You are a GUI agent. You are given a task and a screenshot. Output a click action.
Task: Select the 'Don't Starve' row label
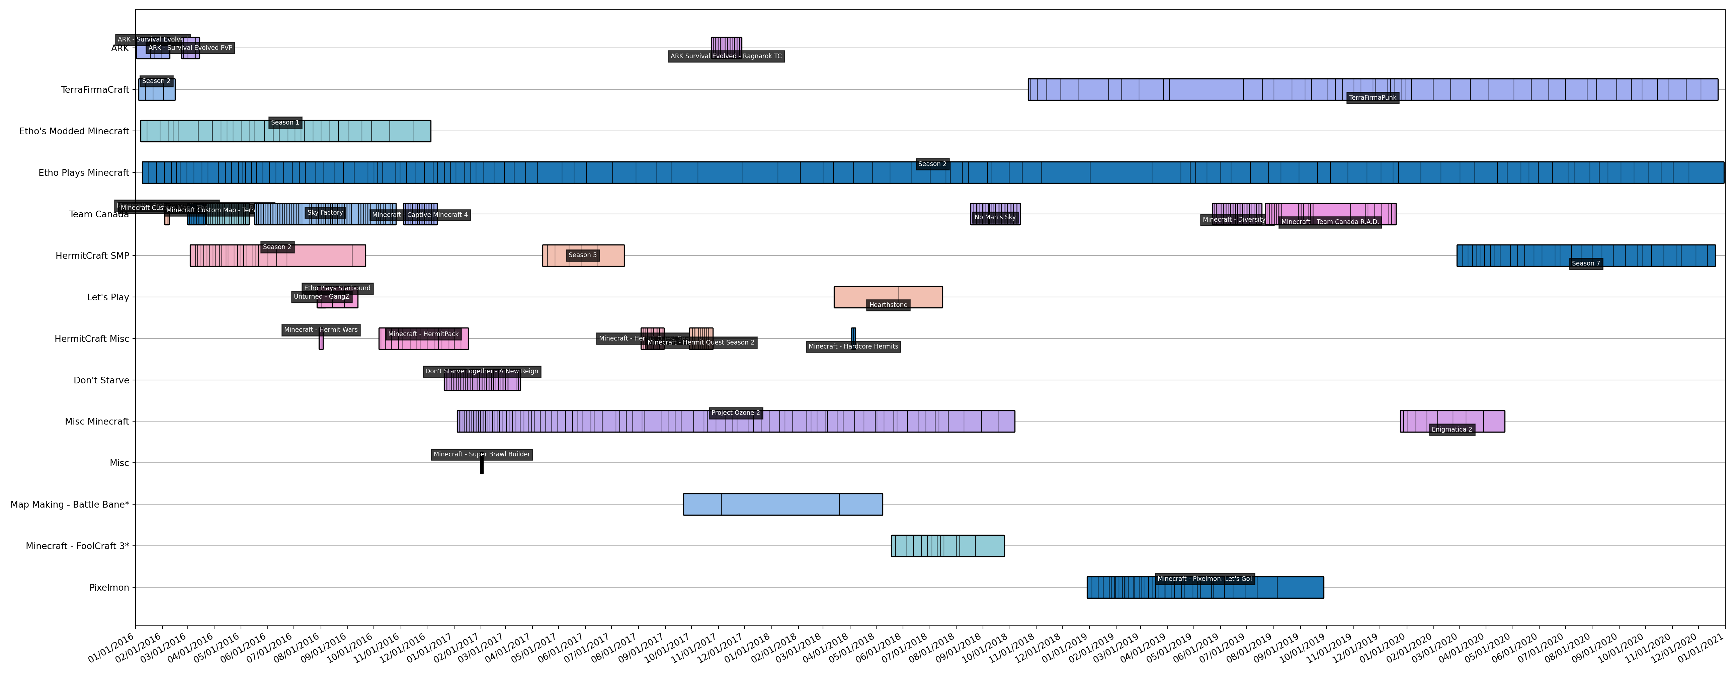click(101, 380)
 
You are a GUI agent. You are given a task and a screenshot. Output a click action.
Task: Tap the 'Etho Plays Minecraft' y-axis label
click(84, 172)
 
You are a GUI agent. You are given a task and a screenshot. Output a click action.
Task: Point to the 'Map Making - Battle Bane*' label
click(69, 505)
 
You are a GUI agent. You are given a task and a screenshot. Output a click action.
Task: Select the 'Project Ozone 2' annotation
click(736, 413)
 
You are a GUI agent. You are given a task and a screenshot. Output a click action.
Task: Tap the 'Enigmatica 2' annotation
click(1452, 429)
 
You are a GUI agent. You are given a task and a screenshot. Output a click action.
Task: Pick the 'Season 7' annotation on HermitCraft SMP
click(1585, 264)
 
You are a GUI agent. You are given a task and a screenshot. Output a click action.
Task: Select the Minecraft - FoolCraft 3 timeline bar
click(947, 546)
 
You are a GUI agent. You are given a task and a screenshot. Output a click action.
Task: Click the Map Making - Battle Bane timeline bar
click(782, 505)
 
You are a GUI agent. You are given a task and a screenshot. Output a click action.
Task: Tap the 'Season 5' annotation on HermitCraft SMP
click(583, 255)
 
